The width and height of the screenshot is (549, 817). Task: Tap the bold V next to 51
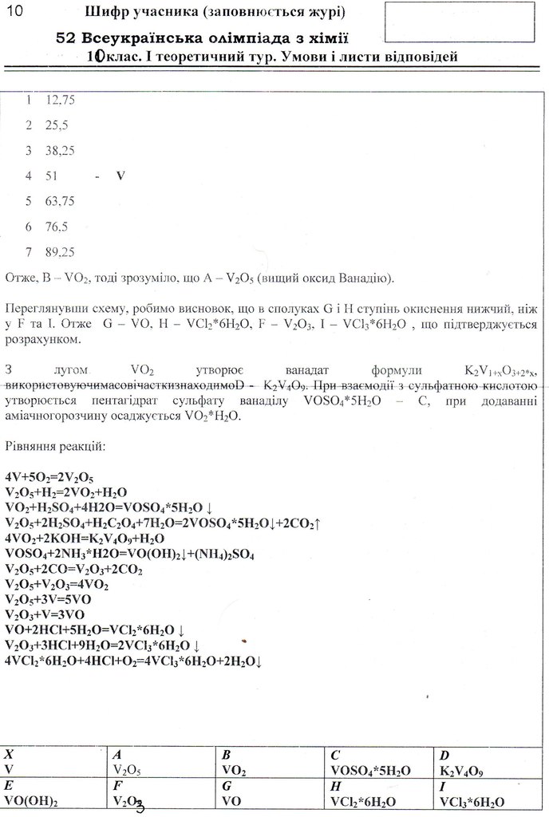click(x=120, y=175)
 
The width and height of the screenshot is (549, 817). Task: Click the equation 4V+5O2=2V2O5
click(x=49, y=477)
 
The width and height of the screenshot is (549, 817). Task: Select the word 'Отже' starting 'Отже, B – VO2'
click(x=18, y=278)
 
